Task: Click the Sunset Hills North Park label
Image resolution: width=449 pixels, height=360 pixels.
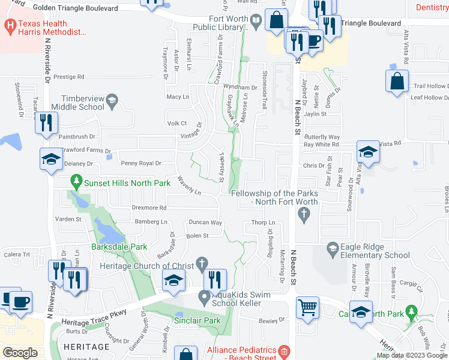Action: click(x=120, y=179)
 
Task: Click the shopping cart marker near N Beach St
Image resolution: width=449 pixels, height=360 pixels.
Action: click(x=308, y=308)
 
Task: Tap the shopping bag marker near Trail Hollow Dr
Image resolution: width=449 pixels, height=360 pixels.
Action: click(x=397, y=82)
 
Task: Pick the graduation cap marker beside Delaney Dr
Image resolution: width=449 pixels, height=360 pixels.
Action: click(x=51, y=159)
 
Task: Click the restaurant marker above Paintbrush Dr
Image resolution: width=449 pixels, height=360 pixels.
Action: click(x=46, y=123)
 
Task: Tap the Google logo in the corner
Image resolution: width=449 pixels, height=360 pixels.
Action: click(x=20, y=352)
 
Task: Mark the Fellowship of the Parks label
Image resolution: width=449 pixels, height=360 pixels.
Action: click(x=274, y=197)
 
